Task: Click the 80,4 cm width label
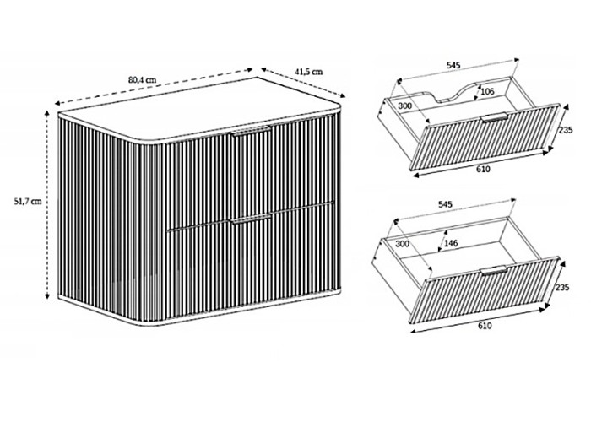tap(142, 80)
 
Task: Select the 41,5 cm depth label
tap(309, 72)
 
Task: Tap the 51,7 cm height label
tap(28, 202)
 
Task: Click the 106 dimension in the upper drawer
tap(488, 91)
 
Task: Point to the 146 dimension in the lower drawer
tap(451, 243)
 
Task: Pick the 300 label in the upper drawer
tap(404, 105)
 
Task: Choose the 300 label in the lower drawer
tap(402, 244)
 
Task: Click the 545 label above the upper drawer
tap(453, 65)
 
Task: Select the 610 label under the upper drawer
tap(483, 170)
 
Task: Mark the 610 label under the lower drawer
tap(485, 326)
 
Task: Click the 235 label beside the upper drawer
tap(566, 130)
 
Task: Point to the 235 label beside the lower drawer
tap(562, 288)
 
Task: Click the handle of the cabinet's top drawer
tap(252, 131)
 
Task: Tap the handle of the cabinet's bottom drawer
tap(252, 219)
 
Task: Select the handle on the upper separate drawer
tap(494, 117)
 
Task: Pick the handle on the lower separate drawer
tap(494, 271)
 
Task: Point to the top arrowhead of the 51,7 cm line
tap(47, 113)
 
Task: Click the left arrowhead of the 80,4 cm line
tap(57, 103)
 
